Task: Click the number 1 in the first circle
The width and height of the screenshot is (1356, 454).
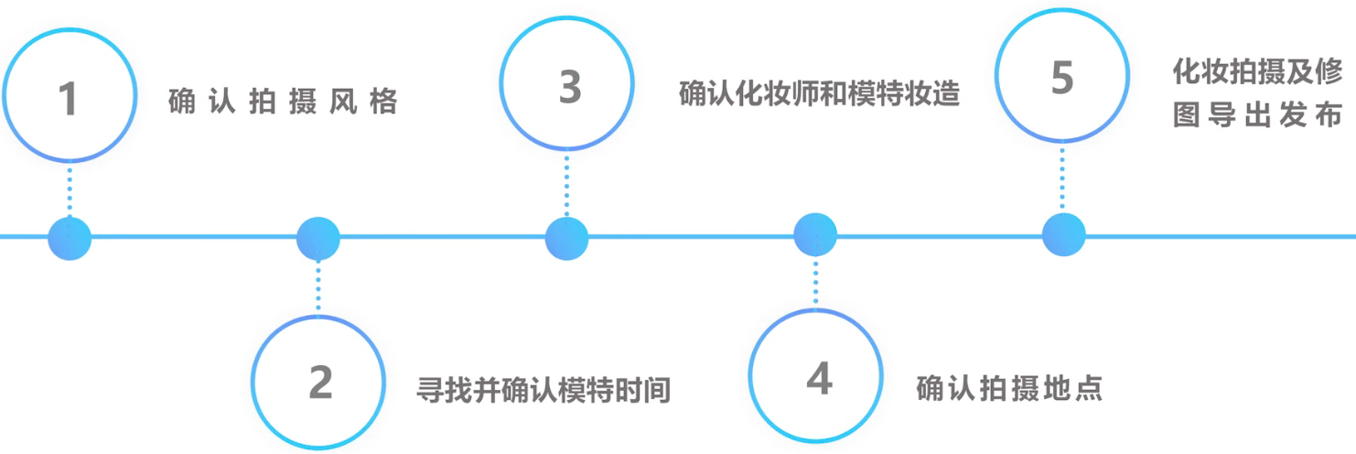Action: [68, 99]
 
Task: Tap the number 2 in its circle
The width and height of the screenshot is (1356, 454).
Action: [320, 383]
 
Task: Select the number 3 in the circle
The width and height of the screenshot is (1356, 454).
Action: [570, 86]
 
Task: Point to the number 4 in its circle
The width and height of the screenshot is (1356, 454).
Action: [819, 378]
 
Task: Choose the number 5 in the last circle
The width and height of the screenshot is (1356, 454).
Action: [1061, 78]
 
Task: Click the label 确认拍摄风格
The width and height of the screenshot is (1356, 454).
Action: [284, 102]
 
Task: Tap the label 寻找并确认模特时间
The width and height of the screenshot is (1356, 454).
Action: [543, 390]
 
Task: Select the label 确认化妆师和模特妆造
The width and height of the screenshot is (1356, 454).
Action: [819, 93]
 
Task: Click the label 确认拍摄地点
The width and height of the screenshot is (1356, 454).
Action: [1009, 389]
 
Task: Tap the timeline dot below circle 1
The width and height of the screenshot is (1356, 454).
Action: [70, 238]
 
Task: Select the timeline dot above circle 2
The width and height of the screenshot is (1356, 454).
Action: [318, 238]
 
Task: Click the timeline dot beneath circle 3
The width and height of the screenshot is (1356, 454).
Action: [567, 238]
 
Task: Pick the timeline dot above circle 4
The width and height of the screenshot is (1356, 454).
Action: [815, 235]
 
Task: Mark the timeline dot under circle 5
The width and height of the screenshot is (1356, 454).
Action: [1063, 234]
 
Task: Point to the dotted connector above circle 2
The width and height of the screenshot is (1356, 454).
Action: [318, 286]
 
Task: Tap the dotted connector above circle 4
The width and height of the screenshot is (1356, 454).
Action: [816, 282]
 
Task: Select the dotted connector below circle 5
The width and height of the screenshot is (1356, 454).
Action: [1062, 178]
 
